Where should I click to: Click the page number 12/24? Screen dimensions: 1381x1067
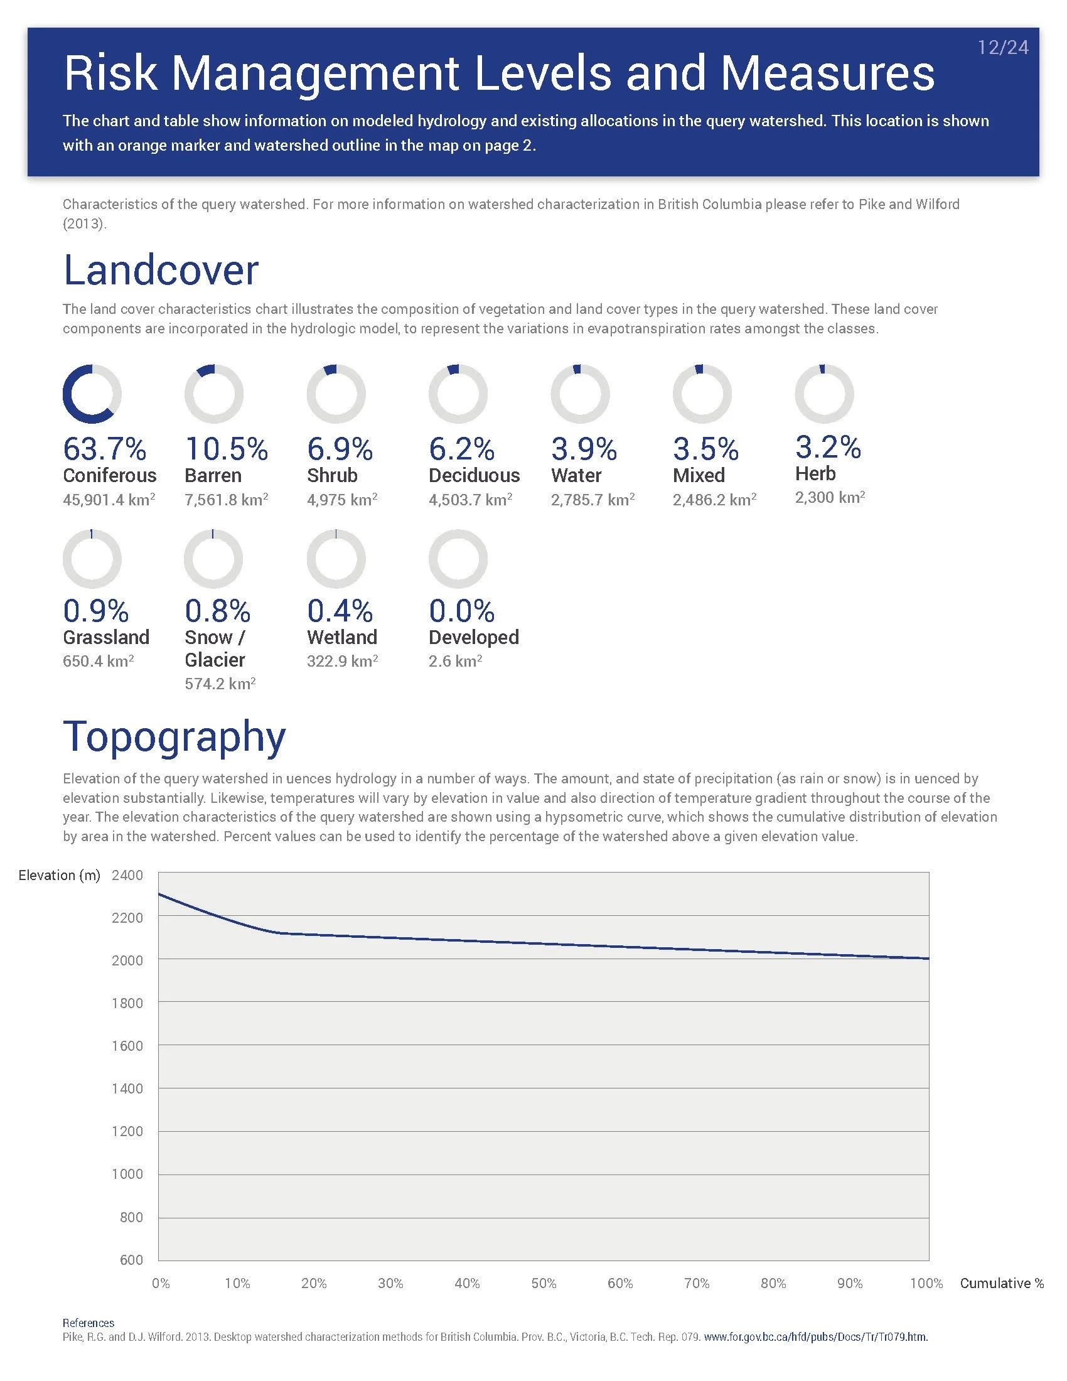pyautogui.click(x=1002, y=48)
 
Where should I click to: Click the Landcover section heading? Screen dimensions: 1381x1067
pyautogui.click(x=161, y=270)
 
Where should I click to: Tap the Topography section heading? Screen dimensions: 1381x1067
pyautogui.click(x=174, y=737)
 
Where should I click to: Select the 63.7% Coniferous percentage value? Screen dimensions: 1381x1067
pyautogui.click(x=104, y=449)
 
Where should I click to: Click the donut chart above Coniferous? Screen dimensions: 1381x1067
pyautogui.click(x=92, y=394)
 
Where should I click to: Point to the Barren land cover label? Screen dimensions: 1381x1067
pyautogui.click(x=213, y=476)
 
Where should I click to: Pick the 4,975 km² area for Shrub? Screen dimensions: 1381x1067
pyautogui.click(x=342, y=500)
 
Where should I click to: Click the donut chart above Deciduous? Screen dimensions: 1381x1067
pyautogui.click(x=458, y=394)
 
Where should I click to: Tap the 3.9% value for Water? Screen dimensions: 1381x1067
pyautogui.click(x=584, y=449)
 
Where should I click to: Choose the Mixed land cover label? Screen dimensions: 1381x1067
pyautogui.click(x=699, y=476)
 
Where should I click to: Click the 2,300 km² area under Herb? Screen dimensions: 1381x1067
pyautogui.click(x=829, y=498)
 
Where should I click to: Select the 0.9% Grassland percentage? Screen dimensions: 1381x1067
pyautogui.click(x=95, y=611)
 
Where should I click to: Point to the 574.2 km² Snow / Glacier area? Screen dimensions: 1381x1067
pyautogui.click(x=220, y=684)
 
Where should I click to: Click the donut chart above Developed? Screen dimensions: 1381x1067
pyautogui.click(x=458, y=559)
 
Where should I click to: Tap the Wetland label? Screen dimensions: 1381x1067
pyautogui.click(x=342, y=637)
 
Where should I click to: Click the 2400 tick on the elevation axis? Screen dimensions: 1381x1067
pyautogui.click(x=127, y=875)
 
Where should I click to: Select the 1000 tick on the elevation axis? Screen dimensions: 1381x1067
pyautogui.click(x=127, y=1174)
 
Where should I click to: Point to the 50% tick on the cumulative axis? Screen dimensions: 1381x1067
pyautogui.click(x=544, y=1283)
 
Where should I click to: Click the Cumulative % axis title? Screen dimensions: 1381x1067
pyautogui.click(x=1001, y=1283)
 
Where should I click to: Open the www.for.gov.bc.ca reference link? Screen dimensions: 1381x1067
pyautogui.click(x=815, y=1336)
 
